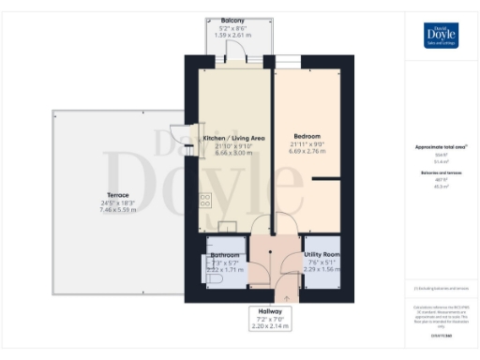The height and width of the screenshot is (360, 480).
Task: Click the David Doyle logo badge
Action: pyautogui.click(x=441, y=34)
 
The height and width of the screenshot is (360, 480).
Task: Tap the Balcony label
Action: pyautogui.click(x=233, y=21)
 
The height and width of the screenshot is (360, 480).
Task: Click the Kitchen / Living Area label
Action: pyautogui.click(x=233, y=138)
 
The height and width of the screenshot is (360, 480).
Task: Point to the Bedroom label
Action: pyautogui.click(x=308, y=134)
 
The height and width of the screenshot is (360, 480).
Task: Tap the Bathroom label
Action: pyautogui.click(x=228, y=254)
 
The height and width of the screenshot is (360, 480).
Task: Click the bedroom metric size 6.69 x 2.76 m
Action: pyautogui.click(x=308, y=151)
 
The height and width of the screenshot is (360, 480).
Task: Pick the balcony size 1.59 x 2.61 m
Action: pyautogui.click(x=233, y=36)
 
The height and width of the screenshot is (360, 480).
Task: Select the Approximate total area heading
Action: pyautogui.click(x=441, y=147)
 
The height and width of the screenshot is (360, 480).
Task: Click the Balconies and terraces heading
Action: pyautogui.click(x=441, y=173)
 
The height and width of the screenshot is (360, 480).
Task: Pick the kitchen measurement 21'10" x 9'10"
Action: pyautogui.click(x=233, y=145)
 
